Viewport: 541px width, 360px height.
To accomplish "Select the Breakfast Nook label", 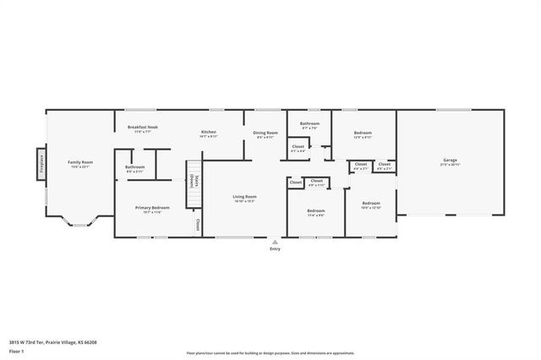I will [x=143, y=128].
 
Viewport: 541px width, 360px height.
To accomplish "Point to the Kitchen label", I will [x=209, y=134].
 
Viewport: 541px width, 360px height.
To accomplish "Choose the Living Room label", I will [x=244, y=199].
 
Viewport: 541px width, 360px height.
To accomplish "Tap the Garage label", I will [x=450, y=161].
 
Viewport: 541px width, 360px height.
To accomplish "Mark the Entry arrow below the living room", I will [x=274, y=241].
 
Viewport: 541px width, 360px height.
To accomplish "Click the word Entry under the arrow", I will [x=274, y=248].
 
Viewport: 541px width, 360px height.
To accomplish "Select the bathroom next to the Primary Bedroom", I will [x=135, y=168].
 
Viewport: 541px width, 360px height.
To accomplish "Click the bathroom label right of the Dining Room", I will [x=309, y=125].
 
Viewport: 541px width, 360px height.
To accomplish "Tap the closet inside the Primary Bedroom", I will [x=198, y=225].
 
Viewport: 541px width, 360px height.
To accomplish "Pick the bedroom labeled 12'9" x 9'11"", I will [x=363, y=134].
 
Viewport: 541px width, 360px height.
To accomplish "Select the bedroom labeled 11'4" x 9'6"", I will [x=316, y=212].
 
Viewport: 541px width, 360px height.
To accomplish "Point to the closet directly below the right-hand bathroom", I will [x=298, y=148].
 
